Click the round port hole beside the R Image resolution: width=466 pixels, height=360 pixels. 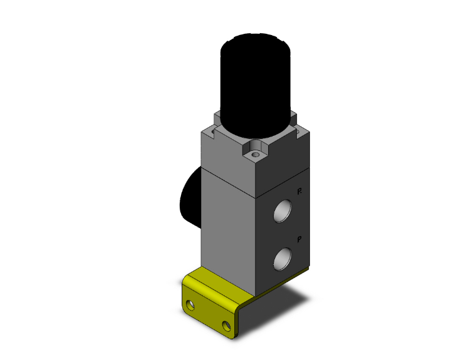[283, 211]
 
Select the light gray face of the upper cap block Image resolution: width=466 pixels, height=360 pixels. [229, 153]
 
